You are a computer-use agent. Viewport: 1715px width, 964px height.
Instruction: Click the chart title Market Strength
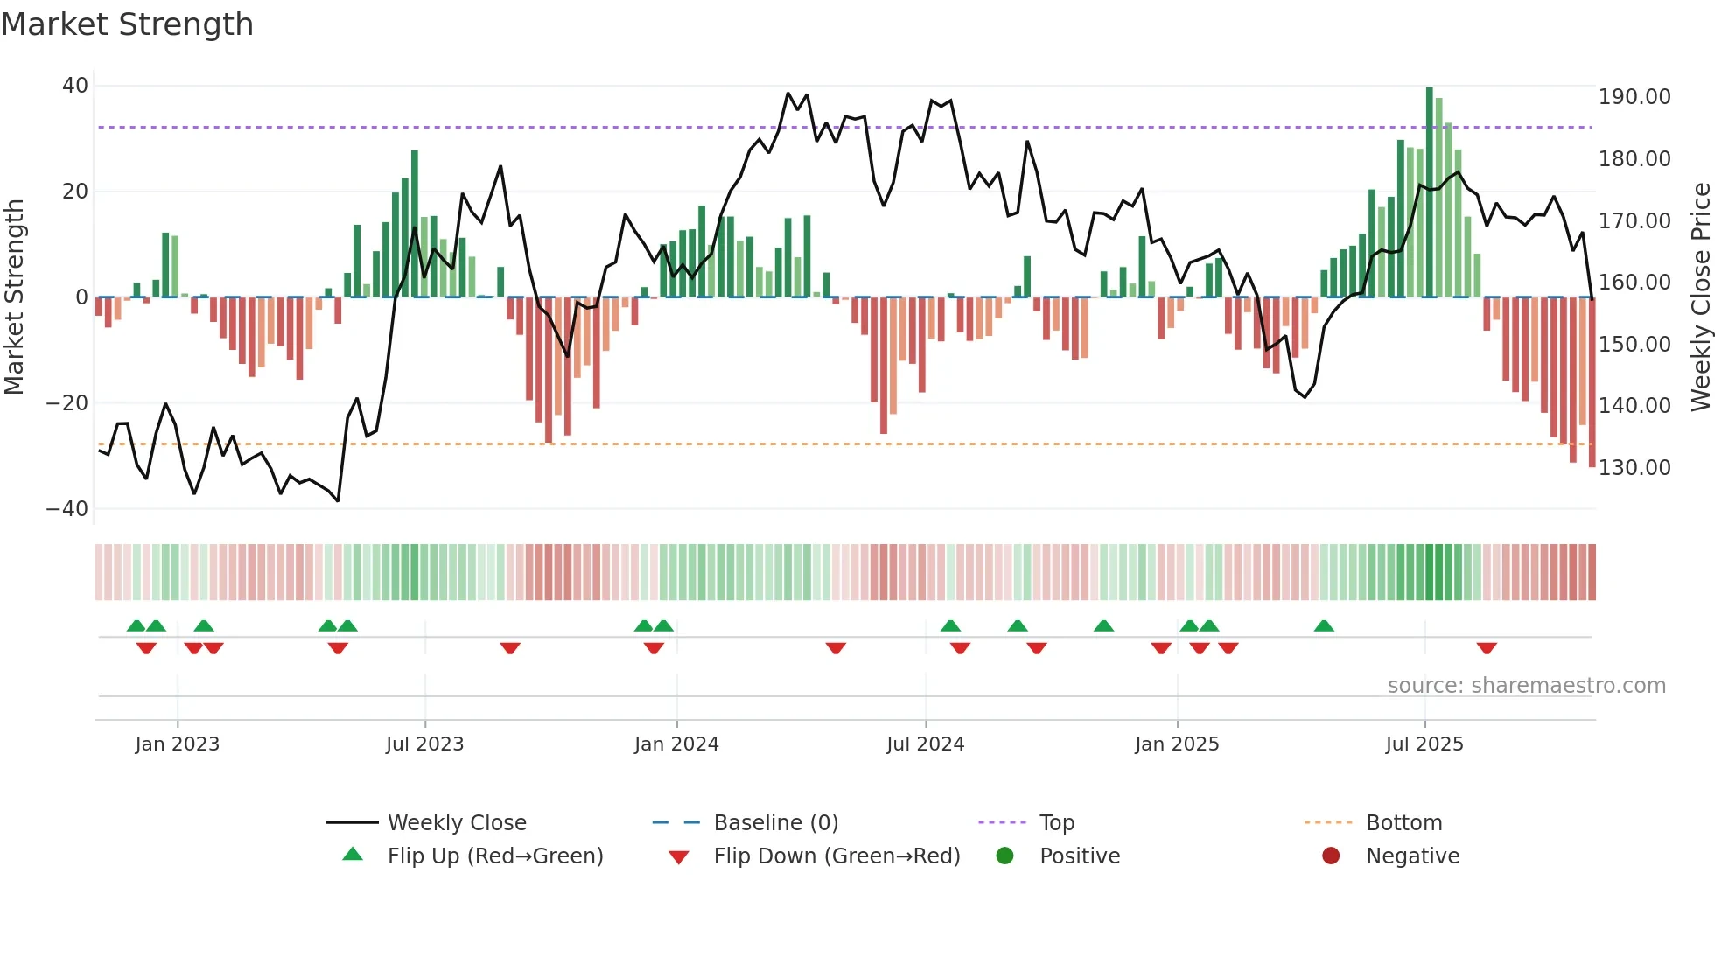(127, 24)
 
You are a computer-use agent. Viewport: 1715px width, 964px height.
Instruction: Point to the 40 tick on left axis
(75, 86)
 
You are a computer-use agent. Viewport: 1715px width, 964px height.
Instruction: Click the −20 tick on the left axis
(67, 403)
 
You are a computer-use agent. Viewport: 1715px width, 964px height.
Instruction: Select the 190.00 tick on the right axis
(1634, 97)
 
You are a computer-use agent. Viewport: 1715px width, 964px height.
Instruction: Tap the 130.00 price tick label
(1634, 468)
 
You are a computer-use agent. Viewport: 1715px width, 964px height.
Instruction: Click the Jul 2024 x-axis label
(925, 744)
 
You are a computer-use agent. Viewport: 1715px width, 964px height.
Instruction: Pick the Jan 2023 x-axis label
(177, 744)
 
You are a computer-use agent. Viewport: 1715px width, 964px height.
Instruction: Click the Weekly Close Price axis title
(1700, 297)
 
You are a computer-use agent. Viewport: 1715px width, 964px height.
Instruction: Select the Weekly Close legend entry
(456, 823)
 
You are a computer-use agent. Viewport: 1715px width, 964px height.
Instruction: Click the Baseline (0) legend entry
(775, 823)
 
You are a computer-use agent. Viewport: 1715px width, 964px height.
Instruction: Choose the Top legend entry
(1056, 823)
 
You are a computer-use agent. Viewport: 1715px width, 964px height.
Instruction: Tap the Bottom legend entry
(1403, 823)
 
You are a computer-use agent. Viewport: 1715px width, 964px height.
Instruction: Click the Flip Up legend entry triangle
(353, 855)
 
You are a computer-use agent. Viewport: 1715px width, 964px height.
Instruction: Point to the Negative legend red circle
(1331, 856)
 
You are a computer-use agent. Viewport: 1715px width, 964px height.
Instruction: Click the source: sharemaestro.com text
(1526, 686)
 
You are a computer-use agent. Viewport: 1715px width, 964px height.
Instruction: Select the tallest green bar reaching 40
(1430, 192)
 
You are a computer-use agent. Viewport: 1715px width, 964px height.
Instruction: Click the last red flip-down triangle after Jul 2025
(1487, 648)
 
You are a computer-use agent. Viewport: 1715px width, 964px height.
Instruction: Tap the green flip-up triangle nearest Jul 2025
(1324, 625)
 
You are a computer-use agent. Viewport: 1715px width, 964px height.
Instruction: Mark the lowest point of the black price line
(338, 500)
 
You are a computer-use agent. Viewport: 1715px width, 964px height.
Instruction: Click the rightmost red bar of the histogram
(1592, 382)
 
